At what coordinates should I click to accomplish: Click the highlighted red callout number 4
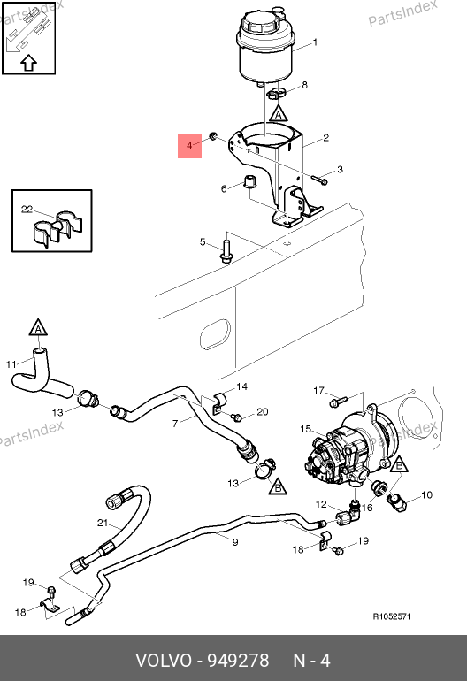tap(189, 146)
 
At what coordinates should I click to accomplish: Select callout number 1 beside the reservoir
tap(315, 42)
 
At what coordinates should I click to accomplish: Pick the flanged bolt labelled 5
tap(226, 252)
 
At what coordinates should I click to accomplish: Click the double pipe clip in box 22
tap(56, 227)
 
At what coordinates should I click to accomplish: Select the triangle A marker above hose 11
tap(38, 328)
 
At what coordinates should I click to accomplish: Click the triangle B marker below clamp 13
tap(278, 486)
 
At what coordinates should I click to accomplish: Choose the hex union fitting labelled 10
tap(396, 502)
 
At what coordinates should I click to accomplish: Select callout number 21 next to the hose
tap(103, 523)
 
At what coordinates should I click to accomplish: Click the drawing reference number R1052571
tap(392, 616)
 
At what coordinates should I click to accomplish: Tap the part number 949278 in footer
tap(238, 660)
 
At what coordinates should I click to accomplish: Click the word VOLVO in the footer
tap(164, 660)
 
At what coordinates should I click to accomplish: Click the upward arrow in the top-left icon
tap(28, 63)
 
